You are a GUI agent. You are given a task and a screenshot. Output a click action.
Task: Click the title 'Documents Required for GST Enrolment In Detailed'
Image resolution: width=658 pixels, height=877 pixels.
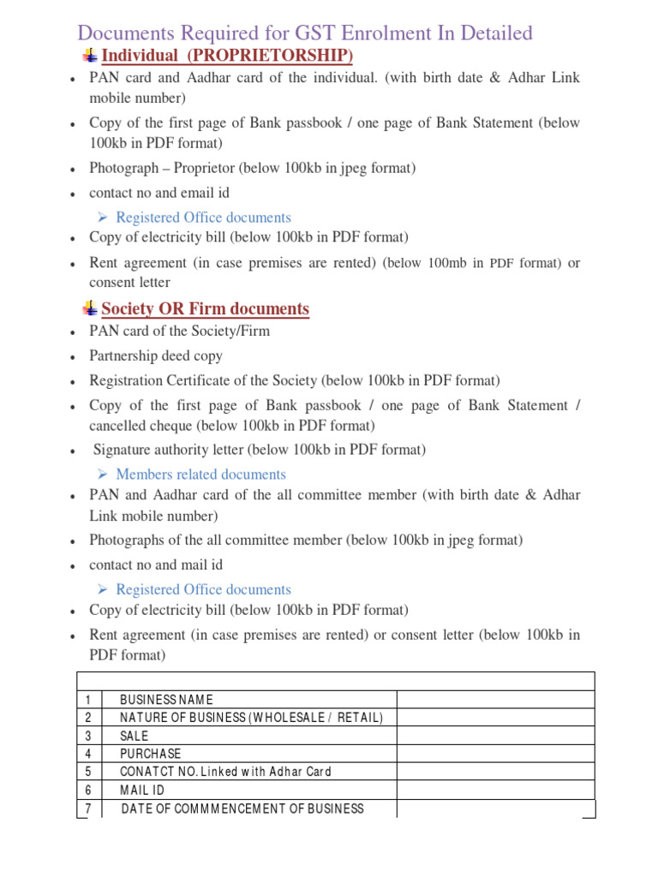pyautogui.click(x=305, y=33)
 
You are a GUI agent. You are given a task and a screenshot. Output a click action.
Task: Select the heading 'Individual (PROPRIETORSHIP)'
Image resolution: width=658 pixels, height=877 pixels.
pyautogui.click(x=227, y=57)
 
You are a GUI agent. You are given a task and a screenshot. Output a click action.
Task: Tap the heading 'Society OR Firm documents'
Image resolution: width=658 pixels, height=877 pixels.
pyautogui.click(x=205, y=309)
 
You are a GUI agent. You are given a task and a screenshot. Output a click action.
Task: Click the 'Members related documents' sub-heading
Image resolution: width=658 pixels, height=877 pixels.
pyautogui.click(x=200, y=474)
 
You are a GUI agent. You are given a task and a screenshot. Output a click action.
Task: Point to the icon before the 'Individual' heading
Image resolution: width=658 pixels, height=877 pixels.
pyautogui.click(x=89, y=57)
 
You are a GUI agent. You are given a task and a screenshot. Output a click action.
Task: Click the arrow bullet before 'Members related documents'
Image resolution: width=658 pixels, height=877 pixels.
pyautogui.click(x=101, y=474)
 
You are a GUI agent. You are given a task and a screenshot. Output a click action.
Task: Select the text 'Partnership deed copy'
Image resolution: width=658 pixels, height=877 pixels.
pyautogui.click(x=156, y=355)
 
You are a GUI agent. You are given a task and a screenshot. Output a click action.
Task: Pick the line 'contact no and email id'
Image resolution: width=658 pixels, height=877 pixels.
pyautogui.click(x=159, y=193)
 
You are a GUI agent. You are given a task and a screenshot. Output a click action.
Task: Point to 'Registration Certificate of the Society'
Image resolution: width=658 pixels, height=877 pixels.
pyautogui.click(x=204, y=380)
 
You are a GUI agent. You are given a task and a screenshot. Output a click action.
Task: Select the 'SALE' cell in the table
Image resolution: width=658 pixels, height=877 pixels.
pyautogui.click(x=135, y=736)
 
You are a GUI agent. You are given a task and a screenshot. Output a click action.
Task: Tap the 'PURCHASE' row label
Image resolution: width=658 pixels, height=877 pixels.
pyautogui.click(x=151, y=754)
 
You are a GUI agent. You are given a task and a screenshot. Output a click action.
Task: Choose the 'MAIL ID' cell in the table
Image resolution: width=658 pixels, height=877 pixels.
pyautogui.click(x=141, y=790)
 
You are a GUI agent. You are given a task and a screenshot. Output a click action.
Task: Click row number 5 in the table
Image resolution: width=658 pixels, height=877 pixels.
pyautogui.click(x=88, y=772)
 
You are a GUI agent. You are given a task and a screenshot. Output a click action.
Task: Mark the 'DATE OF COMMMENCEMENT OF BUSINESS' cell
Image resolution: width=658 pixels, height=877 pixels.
pyautogui.click(x=242, y=808)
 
